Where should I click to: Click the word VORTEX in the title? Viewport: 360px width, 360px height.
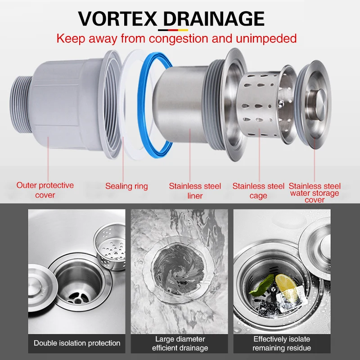(117, 19)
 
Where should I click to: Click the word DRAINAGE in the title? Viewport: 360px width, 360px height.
(213, 19)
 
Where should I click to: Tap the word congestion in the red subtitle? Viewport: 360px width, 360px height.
(179, 39)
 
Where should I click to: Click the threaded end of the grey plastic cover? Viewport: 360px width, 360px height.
(20, 104)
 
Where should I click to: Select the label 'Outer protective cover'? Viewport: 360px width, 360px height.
(45, 190)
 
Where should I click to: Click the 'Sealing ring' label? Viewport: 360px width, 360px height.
(126, 186)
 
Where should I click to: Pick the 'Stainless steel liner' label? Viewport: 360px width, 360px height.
(195, 190)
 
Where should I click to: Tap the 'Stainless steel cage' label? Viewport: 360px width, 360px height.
(258, 190)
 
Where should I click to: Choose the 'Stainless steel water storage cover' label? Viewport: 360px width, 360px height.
(315, 193)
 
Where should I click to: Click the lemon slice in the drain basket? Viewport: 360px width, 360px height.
(286, 283)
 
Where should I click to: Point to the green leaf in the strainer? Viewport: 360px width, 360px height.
(262, 285)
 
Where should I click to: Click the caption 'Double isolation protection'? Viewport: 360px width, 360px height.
(77, 343)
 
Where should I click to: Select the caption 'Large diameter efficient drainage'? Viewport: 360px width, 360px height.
(180, 343)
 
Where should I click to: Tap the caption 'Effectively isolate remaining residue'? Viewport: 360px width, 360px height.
(282, 343)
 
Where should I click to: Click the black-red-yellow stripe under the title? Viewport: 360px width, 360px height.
(173, 30)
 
